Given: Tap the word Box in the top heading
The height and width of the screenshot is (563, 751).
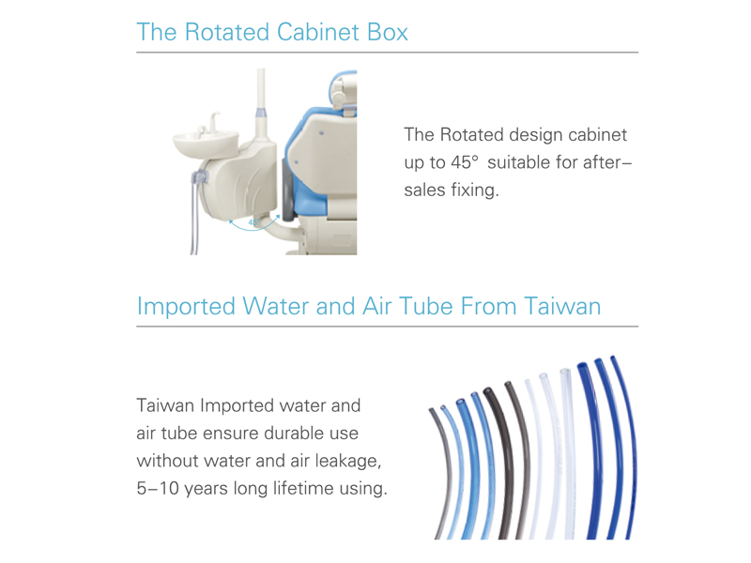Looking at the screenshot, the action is click(388, 32).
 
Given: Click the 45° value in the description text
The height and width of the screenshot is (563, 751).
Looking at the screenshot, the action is click(464, 162).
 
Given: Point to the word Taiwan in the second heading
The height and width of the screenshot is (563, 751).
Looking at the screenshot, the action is click(562, 307).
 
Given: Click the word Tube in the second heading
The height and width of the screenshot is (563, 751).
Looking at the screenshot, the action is click(426, 307).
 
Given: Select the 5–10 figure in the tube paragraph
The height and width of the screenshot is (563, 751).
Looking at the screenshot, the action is click(158, 488).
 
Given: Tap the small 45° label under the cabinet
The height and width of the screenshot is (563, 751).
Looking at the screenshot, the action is click(253, 222).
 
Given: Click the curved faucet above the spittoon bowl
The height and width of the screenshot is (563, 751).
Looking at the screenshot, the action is click(214, 121).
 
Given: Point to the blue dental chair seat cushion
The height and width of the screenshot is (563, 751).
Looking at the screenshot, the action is click(307, 158).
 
